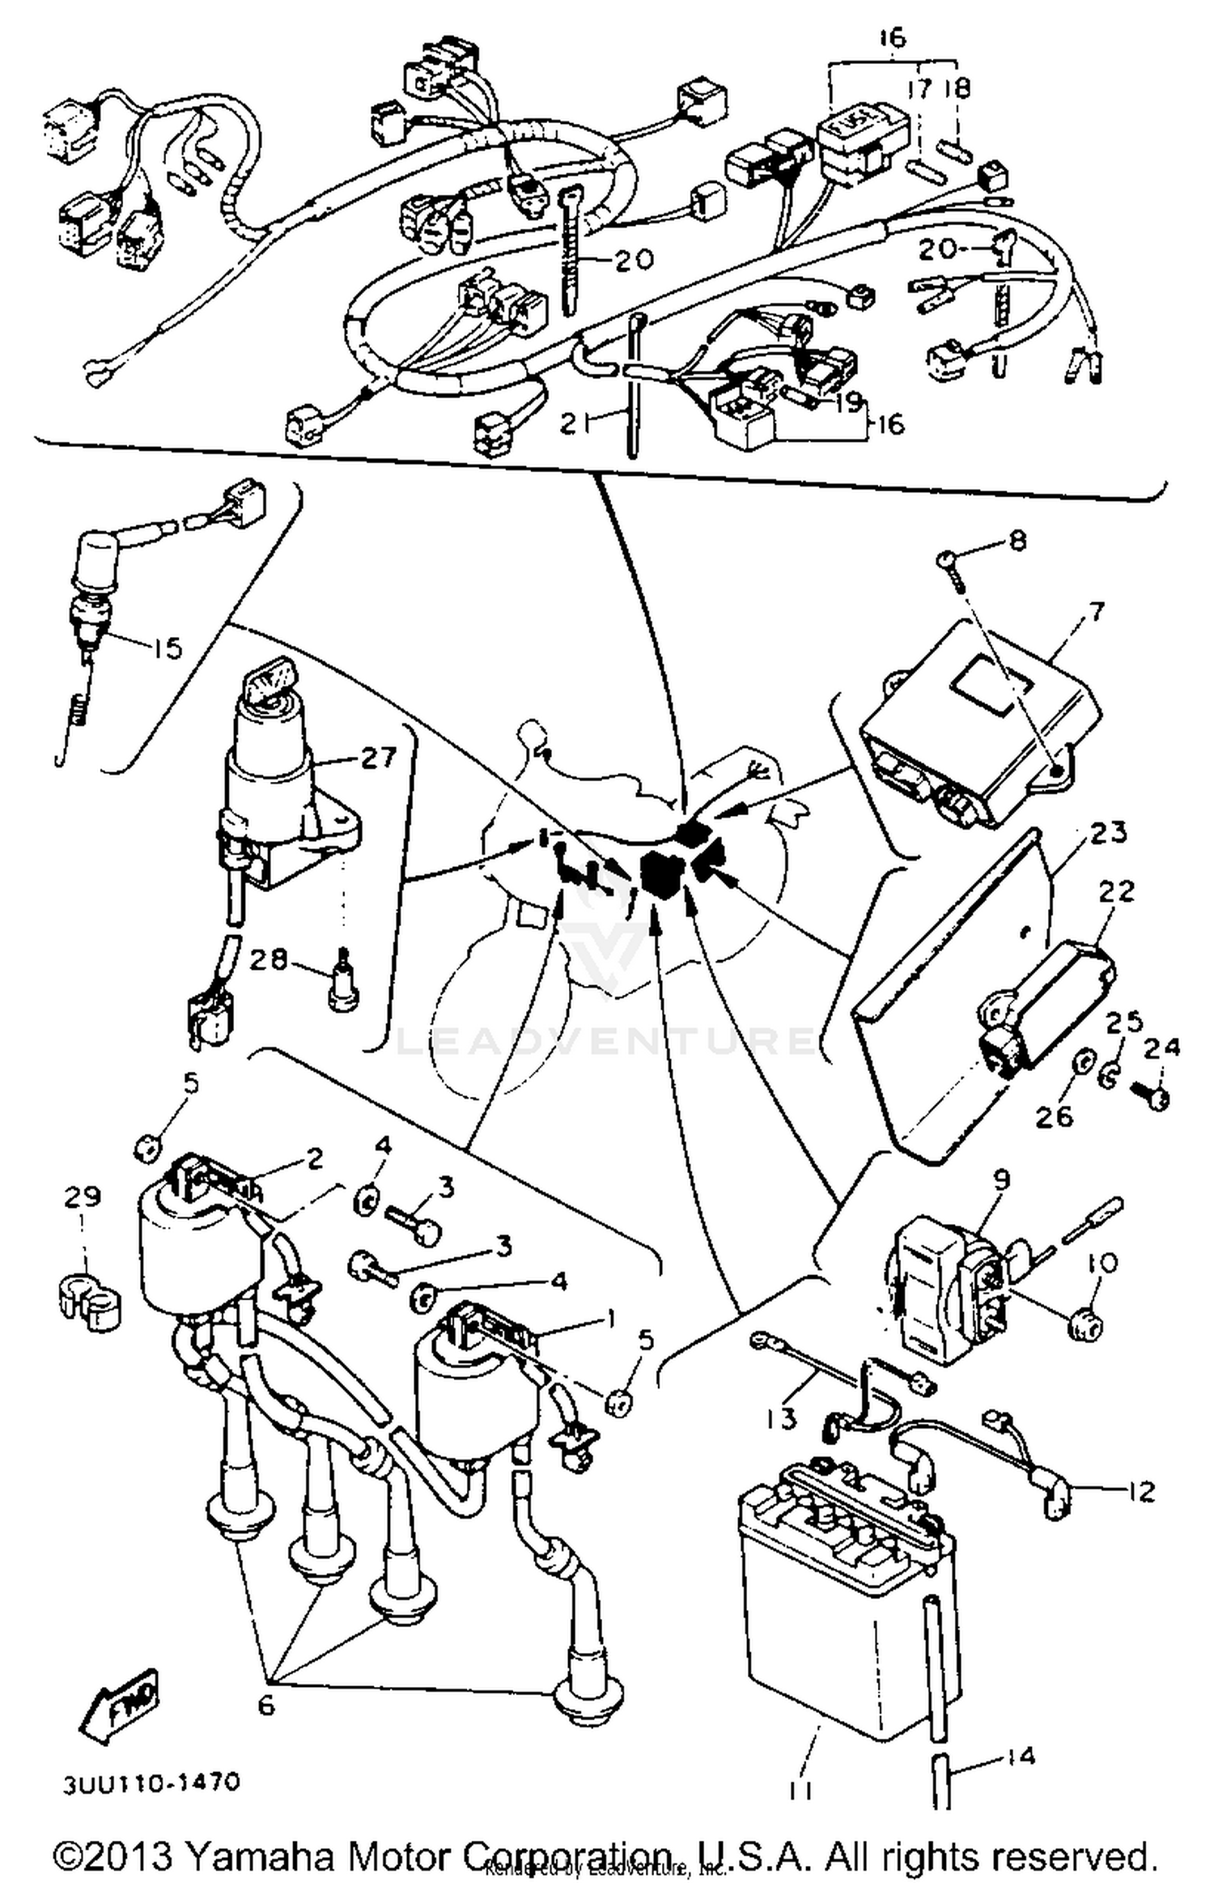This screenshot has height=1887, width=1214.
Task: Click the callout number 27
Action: pos(379,758)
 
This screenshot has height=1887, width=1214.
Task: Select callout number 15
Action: pos(167,648)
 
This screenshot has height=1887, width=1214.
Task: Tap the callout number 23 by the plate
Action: pos(1107,832)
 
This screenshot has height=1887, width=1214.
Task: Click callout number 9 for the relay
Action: pos(1001,1179)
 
